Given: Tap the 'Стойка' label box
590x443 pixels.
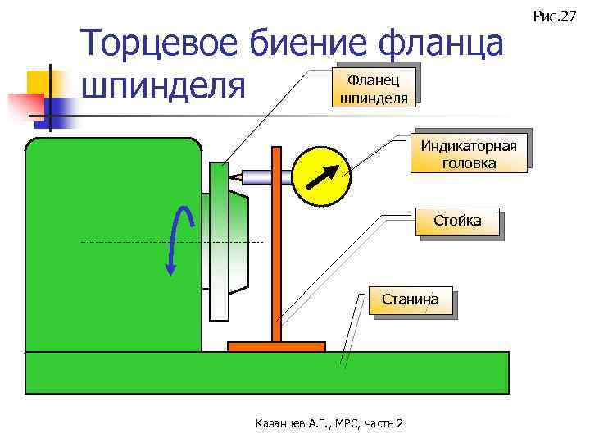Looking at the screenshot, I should pos(458,221).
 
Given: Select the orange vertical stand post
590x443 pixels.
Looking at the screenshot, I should pos(276,246).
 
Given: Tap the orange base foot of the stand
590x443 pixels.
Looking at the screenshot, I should pos(276,346).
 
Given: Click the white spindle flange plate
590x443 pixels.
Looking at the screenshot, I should pos(218,242).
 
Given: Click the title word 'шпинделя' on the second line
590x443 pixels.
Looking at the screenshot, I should pos(164,86).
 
